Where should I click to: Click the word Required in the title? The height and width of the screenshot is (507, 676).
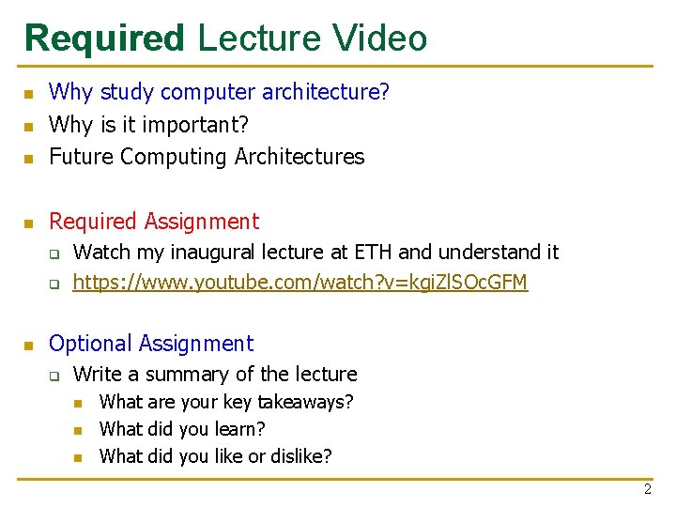click(105, 39)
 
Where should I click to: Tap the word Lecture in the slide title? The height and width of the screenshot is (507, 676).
click(258, 39)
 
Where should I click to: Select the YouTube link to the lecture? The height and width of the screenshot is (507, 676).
click(300, 282)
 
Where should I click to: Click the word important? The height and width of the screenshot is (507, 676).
click(196, 125)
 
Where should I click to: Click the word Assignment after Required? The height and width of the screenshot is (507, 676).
click(202, 222)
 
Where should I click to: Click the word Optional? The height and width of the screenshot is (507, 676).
click(89, 344)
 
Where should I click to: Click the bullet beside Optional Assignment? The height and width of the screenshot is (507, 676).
click(29, 346)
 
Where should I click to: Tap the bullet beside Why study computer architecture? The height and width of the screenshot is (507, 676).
click(29, 94)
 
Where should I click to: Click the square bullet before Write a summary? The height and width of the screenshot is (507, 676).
click(54, 376)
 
